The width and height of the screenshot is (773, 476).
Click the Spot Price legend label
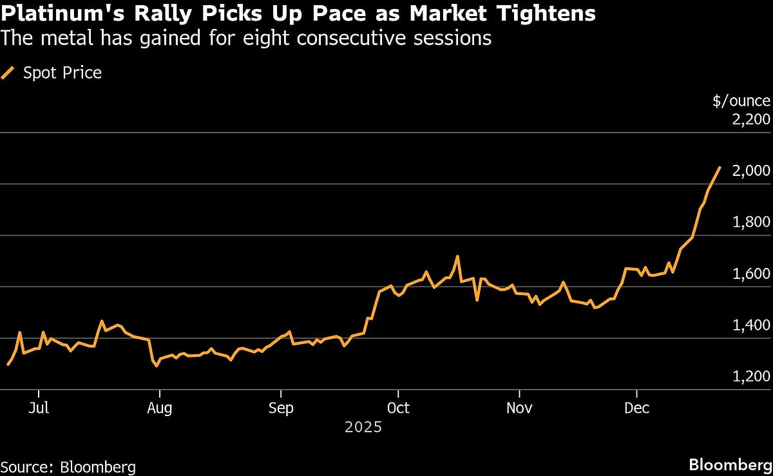click(x=62, y=73)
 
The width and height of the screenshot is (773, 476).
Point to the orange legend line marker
click(x=8, y=73)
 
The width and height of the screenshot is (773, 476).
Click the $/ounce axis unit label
click(x=741, y=100)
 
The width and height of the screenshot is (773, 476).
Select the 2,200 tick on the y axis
click(x=750, y=120)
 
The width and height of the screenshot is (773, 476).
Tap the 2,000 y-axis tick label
click(x=750, y=171)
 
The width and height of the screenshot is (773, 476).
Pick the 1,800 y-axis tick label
click(x=750, y=223)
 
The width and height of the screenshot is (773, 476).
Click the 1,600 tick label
click(x=750, y=274)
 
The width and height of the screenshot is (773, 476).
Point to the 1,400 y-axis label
click(x=750, y=326)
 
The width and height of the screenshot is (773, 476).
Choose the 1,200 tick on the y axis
click(x=750, y=377)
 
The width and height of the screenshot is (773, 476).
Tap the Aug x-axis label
click(x=159, y=408)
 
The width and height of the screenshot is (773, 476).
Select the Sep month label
click(x=280, y=408)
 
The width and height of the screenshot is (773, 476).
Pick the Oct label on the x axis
click(x=398, y=408)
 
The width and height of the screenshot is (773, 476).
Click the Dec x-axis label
click(x=636, y=408)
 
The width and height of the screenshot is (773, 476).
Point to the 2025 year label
click(x=363, y=427)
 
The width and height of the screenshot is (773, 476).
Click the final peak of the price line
click(x=720, y=167)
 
